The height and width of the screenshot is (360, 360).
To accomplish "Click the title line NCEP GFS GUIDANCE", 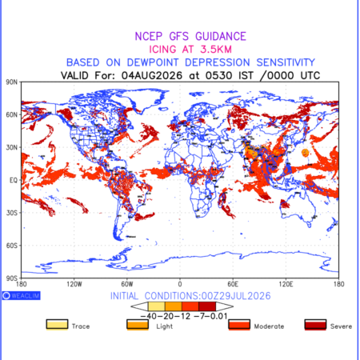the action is (x=190, y=36).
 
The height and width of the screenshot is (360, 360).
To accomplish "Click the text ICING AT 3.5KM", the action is (x=190, y=50).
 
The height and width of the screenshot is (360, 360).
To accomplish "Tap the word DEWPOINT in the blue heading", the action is (x=153, y=62).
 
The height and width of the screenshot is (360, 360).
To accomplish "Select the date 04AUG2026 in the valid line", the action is (x=152, y=75).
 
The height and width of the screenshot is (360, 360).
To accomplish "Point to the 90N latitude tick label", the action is (x=12, y=82).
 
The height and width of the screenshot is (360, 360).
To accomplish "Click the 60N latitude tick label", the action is (x=12, y=115).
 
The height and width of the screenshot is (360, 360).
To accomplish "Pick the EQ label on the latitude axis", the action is (x=14, y=180).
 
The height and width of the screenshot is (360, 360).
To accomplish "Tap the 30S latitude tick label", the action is (x=12, y=213).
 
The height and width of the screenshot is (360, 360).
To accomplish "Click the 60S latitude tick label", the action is (x=12, y=246).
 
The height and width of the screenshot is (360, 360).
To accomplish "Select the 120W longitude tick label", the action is (x=74, y=284).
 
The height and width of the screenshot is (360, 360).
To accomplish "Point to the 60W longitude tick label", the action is (x=127, y=284).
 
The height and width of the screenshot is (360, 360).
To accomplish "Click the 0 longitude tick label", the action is (x=180, y=284).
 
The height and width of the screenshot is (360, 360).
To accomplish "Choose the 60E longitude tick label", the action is (x=233, y=284).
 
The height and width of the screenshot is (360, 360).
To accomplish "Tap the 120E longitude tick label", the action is (x=286, y=284).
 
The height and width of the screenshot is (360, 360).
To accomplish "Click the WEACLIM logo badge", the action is (x=21, y=295).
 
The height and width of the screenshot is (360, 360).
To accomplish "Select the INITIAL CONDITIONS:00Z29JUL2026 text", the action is (x=190, y=296).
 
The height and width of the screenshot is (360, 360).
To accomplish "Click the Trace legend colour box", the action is (x=57, y=325).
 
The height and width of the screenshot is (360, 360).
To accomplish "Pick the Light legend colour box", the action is (x=138, y=325).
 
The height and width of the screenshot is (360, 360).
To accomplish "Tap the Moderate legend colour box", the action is (x=239, y=325).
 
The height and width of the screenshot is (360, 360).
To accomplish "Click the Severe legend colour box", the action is (x=315, y=325).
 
